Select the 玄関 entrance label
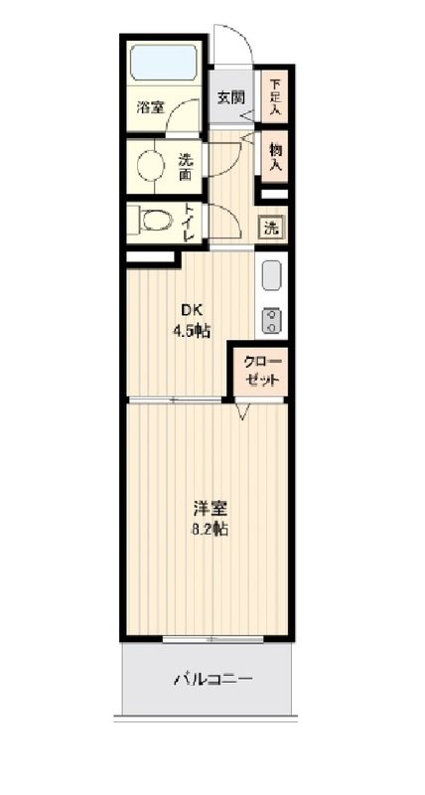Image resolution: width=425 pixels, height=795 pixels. tap(231, 97)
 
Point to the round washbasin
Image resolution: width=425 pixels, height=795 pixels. tap(150, 164)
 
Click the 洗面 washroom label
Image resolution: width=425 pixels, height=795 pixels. tap(185, 165)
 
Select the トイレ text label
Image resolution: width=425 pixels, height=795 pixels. tap(190, 222)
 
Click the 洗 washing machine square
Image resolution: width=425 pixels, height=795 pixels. tap(271, 226)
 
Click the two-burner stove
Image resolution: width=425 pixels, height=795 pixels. tap(271, 319)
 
